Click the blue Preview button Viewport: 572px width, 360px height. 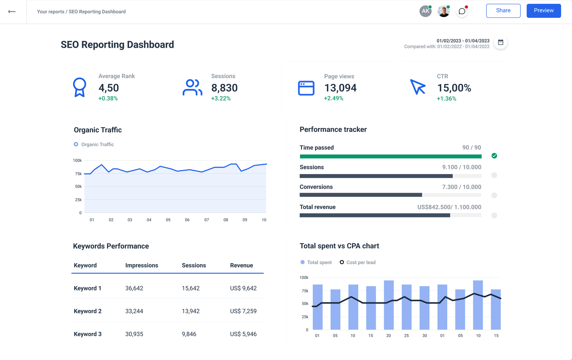click(x=543, y=11)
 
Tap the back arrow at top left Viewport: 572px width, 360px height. click(x=12, y=12)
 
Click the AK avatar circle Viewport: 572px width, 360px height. click(x=425, y=11)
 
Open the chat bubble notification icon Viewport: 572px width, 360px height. click(x=462, y=12)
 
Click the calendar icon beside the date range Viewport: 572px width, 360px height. click(x=500, y=43)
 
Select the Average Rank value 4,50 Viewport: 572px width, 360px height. click(x=108, y=88)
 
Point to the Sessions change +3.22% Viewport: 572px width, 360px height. click(x=221, y=99)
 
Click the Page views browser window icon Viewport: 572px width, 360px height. click(x=306, y=88)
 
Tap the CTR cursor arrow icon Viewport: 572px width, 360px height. click(x=417, y=87)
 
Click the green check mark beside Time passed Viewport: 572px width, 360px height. click(x=494, y=156)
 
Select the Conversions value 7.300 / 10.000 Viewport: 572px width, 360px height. click(x=462, y=187)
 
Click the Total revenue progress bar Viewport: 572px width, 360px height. click(x=390, y=215)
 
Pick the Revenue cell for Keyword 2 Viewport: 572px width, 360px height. click(x=243, y=311)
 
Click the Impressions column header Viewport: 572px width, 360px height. click(x=141, y=265)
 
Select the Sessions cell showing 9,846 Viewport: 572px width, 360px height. click(x=189, y=334)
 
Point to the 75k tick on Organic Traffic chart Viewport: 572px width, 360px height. click(x=78, y=174)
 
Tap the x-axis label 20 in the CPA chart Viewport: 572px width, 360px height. click(x=388, y=336)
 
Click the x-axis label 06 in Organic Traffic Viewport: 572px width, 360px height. click(x=187, y=220)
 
